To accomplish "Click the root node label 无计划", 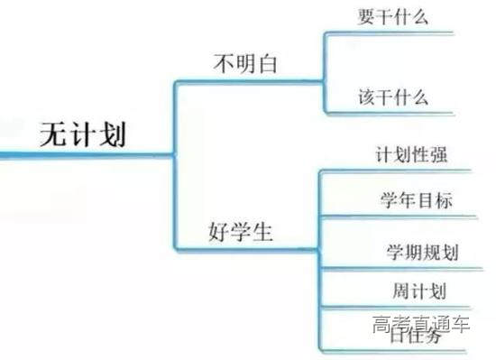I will click(x=84, y=134).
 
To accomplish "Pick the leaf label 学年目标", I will click(x=416, y=199).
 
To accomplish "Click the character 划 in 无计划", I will click(x=113, y=134).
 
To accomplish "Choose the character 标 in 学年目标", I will click(x=443, y=199).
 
